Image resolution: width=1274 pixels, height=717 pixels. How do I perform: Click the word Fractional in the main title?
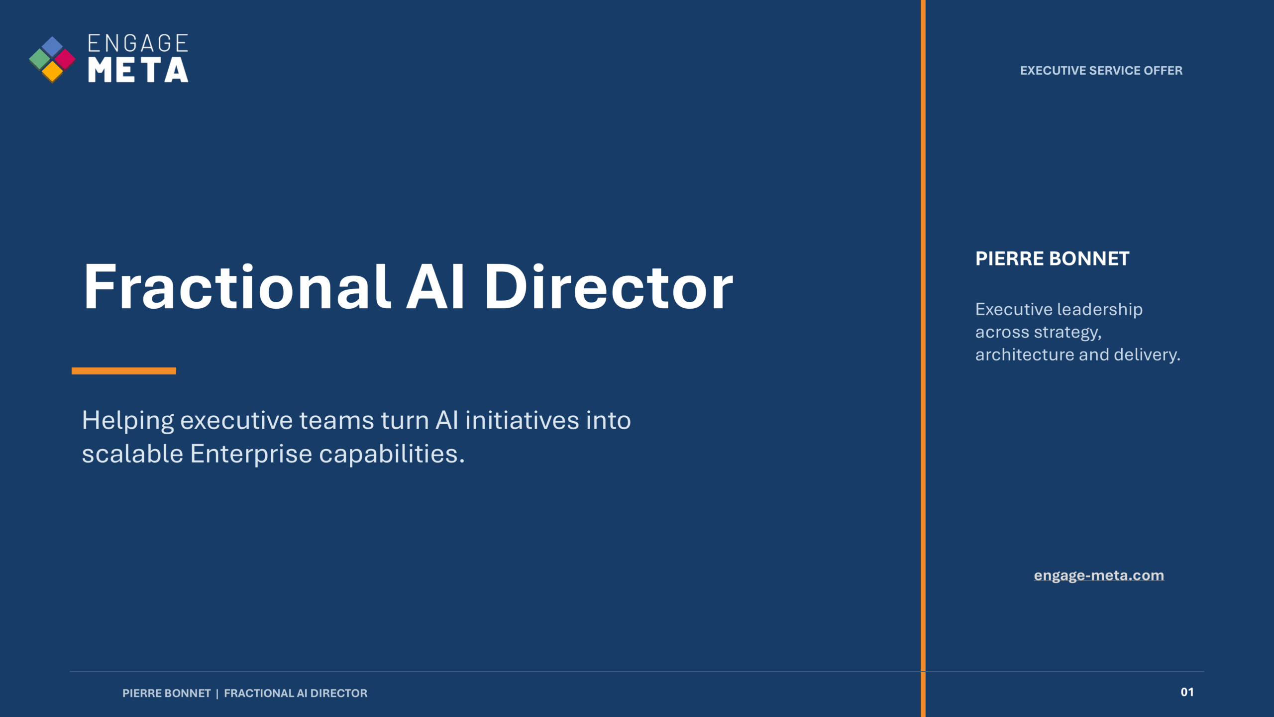coord(237,287)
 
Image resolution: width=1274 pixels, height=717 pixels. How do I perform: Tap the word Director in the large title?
coord(609,287)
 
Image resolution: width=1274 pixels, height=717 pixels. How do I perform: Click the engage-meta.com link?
coord(1099,576)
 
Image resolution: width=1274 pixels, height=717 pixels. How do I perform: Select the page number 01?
coord(1187,692)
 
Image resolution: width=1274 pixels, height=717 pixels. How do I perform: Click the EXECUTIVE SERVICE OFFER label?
coord(1101,71)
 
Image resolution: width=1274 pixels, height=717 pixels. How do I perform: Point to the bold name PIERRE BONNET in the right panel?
coord(1053,259)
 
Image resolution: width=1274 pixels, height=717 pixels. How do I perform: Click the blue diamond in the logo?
coord(52,46)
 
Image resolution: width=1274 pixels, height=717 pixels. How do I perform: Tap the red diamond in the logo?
coord(64,59)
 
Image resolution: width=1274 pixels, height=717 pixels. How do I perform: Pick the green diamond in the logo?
coord(40,59)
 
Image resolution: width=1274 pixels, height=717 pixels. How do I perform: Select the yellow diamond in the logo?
coord(52,72)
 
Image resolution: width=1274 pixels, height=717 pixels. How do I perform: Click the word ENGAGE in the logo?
coord(138,43)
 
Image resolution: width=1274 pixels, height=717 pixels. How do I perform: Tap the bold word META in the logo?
coord(138,70)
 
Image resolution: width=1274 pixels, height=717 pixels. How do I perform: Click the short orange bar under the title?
coord(124,371)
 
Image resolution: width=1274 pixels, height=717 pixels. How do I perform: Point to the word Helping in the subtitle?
coord(128,421)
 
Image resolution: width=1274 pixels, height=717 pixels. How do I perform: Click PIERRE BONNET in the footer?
coord(167,693)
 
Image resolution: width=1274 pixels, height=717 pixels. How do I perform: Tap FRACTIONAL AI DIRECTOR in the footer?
coord(296,693)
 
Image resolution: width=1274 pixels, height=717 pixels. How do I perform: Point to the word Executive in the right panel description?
coord(1013,309)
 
